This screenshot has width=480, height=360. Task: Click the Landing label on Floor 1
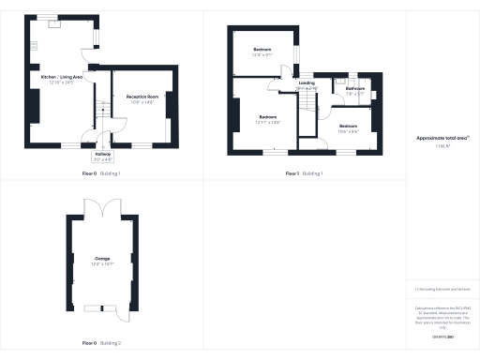pos(307,83)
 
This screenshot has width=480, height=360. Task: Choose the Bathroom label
pos(354,89)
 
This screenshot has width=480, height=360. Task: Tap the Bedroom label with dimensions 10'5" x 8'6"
pos(348,126)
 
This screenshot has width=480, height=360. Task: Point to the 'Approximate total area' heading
pos(442,138)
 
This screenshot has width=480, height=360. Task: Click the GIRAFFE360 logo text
pos(442,335)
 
